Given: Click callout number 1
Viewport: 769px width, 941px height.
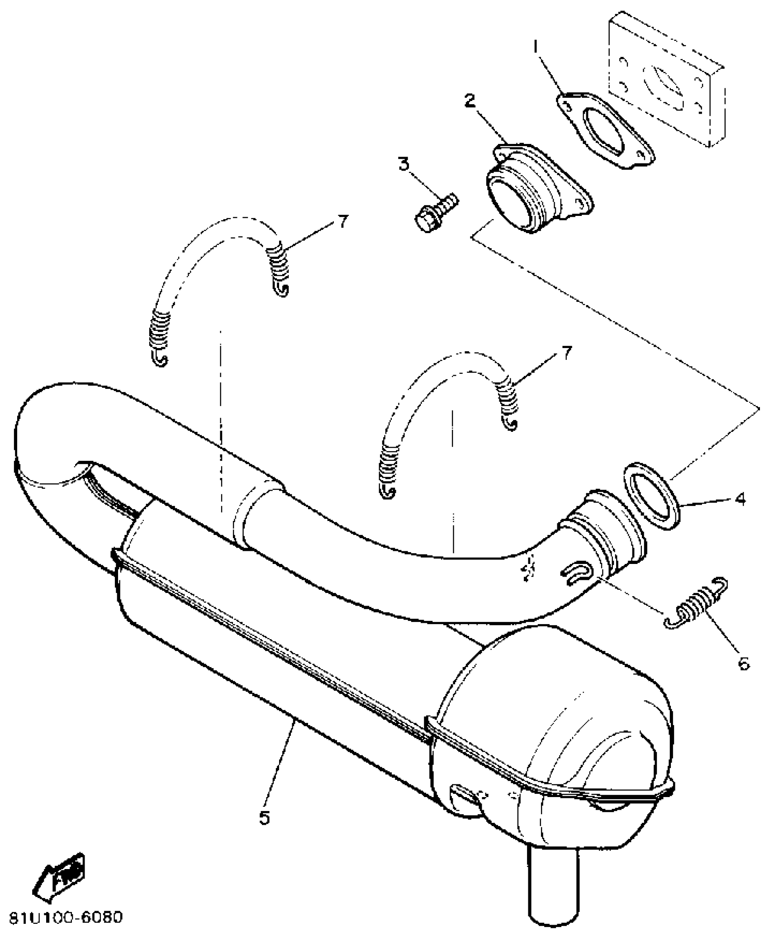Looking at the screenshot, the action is pos(536,47).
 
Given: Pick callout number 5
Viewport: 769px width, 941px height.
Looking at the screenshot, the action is pos(265,817).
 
